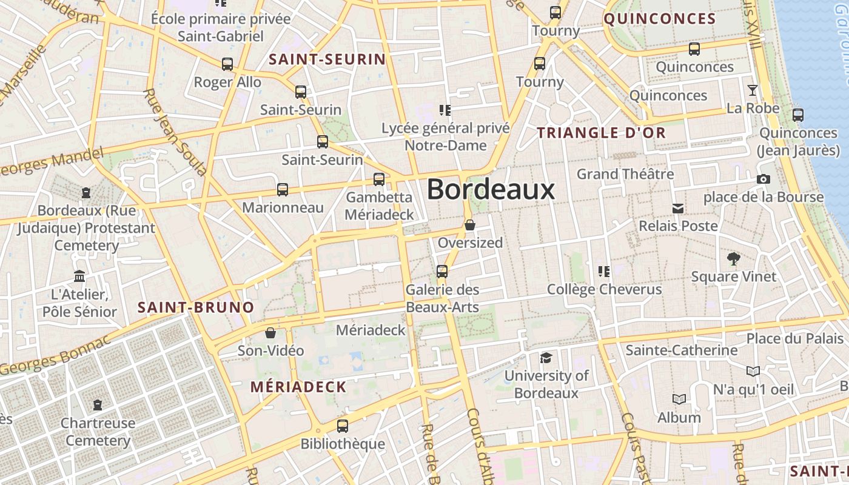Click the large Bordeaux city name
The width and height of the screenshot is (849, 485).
coord(491,190)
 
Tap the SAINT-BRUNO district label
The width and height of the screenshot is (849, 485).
coord(196,307)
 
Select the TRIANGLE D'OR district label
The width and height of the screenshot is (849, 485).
coord(601,133)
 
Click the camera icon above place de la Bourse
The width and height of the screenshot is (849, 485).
coord(763,179)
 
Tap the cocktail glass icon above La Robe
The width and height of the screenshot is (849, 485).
coord(753,90)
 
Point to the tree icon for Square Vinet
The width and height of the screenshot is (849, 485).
coord(734,259)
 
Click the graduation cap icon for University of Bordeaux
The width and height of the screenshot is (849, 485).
coord(546,358)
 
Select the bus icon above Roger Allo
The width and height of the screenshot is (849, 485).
coord(227,64)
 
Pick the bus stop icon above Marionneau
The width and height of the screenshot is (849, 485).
coord(283,189)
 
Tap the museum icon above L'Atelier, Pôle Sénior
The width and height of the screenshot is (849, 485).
coord(79,276)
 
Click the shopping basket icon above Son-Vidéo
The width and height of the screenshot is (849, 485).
coord(270,333)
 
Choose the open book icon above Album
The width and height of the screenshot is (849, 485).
coord(679,400)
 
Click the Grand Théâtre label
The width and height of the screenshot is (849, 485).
coord(625,174)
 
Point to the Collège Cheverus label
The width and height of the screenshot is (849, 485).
coord(604,289)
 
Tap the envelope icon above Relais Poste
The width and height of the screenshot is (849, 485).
coord(678,209)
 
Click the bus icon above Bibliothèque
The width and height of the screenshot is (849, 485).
coord(343,426)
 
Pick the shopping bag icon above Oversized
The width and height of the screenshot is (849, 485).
coord(470,225)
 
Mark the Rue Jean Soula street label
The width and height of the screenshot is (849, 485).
coord(175,132)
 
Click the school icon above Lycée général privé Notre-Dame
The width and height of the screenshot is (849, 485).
coord(445,110)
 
